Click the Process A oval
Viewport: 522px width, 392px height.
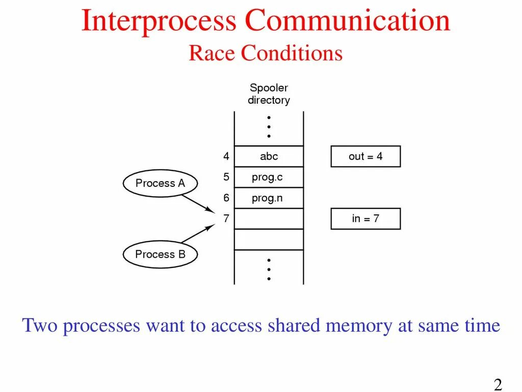click(160, 183)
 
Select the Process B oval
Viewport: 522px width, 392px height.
click(160, 254)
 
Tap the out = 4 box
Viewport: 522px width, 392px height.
click(366, 157)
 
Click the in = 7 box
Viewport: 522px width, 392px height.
click(366, 219)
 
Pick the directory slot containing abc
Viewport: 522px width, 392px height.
click(269, 157)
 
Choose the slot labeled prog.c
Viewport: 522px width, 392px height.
click(269, 178)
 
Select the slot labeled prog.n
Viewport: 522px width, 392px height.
click(269, 199)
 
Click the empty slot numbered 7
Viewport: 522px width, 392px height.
click(269, 219)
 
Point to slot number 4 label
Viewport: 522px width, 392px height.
click(226, 157)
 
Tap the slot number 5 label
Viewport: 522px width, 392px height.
click(226, 178)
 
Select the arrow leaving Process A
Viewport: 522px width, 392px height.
click(198, 202)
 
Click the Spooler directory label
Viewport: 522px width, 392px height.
click(269, 94)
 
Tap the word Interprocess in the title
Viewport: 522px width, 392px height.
click(159, 22)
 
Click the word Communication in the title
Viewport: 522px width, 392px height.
click(347, 22)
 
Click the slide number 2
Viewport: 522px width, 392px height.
click(498, 384)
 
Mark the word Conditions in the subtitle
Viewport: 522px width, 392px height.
click(292, 53)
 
